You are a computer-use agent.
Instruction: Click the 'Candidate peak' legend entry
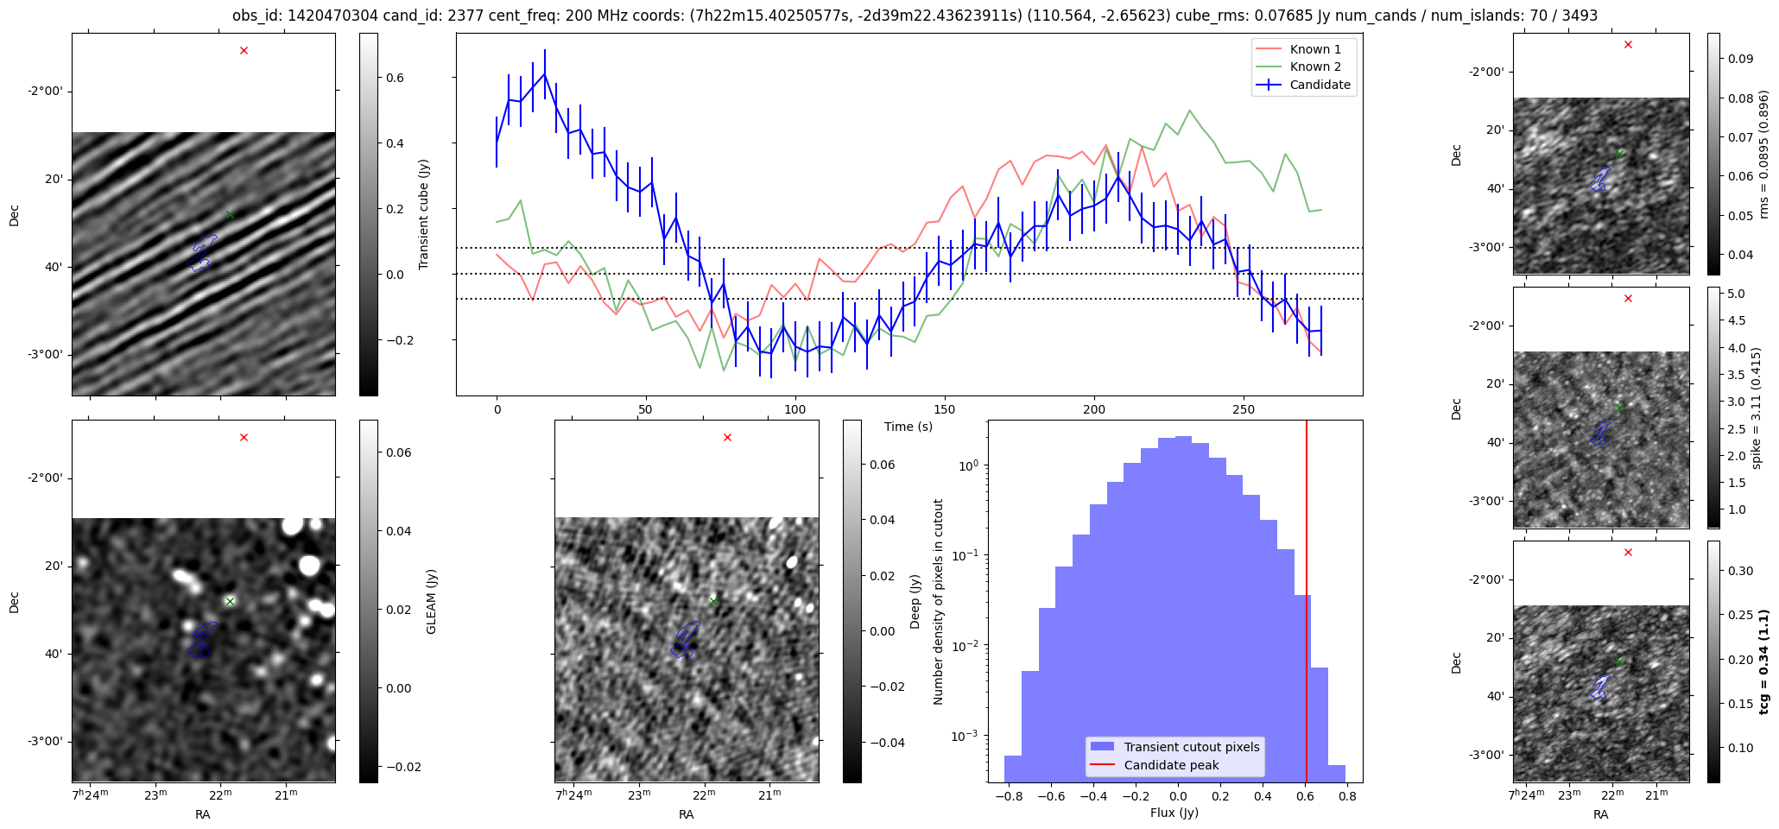tap(1170, 765)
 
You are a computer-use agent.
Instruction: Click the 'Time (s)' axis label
tap(908, 427)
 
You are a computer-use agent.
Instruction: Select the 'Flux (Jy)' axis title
tap(1174, 813)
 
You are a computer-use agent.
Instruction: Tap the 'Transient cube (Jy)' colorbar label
tap(424, 214)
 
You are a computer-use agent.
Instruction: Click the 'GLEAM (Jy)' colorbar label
tap(431, 601)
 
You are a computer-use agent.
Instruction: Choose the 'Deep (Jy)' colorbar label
tap(915, 601)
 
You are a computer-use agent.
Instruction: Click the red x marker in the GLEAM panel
tap(244, 437)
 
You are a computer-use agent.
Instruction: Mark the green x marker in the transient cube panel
tap(230, 214)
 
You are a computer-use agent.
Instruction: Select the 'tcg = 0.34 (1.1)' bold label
tap(1763, 661)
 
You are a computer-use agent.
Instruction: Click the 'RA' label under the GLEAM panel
tap(202, 814)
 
